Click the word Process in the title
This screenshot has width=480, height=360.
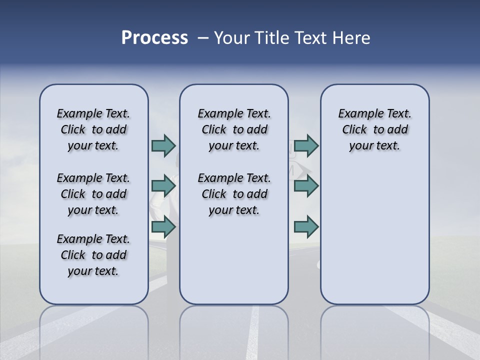[x=154, y=38]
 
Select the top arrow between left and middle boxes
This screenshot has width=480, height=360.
[x=163, y=145]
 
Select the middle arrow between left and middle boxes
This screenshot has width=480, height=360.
[x=163, y=186]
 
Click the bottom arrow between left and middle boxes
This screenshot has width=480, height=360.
[x=163, y=227]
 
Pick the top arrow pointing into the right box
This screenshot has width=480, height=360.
[x=306, y=145]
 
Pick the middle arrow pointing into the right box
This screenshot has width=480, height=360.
[x=306, y=186]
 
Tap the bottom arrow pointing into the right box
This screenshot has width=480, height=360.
[x=306, y=227]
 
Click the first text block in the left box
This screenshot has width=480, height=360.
[x=93, y=129]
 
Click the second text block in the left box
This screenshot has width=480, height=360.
[x=93, y=194]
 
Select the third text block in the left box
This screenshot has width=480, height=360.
[x=93, y=255]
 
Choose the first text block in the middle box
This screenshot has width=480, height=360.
[x=234, y=129]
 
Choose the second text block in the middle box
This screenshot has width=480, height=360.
[x=234, y=194]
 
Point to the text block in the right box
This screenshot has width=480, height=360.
[x=374, y=129]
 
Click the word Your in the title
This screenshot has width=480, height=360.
[x=232, y=38]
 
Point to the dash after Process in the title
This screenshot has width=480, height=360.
[x=203, y=38]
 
